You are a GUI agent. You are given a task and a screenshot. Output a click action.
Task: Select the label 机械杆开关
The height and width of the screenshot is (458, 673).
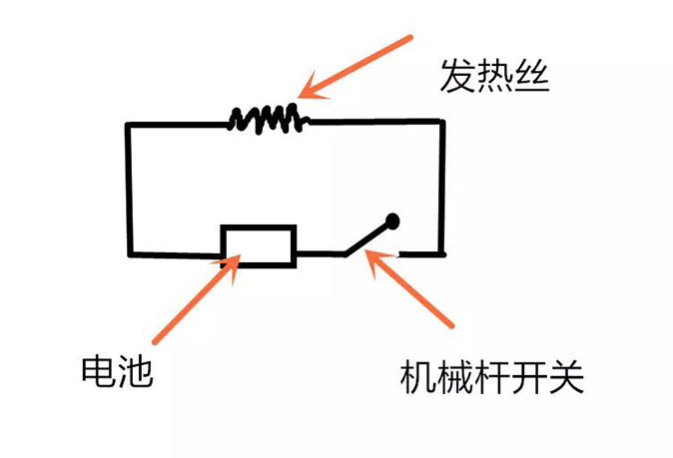coord(489,378)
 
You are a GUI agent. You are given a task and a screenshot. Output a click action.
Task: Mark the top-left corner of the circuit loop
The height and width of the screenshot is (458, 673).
coord(128,125)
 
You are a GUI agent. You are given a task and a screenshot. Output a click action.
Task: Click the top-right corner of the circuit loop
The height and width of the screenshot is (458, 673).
coord(440,122)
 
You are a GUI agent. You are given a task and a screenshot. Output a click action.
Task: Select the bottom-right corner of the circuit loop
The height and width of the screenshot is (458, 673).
coord(440,250)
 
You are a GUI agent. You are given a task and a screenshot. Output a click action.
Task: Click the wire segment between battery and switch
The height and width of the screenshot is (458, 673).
coord(320,253)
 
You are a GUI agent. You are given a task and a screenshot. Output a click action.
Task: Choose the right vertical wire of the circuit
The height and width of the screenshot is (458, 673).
coord(440,186)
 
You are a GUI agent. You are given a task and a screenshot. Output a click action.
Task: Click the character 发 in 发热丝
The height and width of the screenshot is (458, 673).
coord(458,77)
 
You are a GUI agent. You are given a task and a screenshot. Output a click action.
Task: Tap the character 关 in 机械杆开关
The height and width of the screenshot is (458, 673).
coord(562,378)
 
